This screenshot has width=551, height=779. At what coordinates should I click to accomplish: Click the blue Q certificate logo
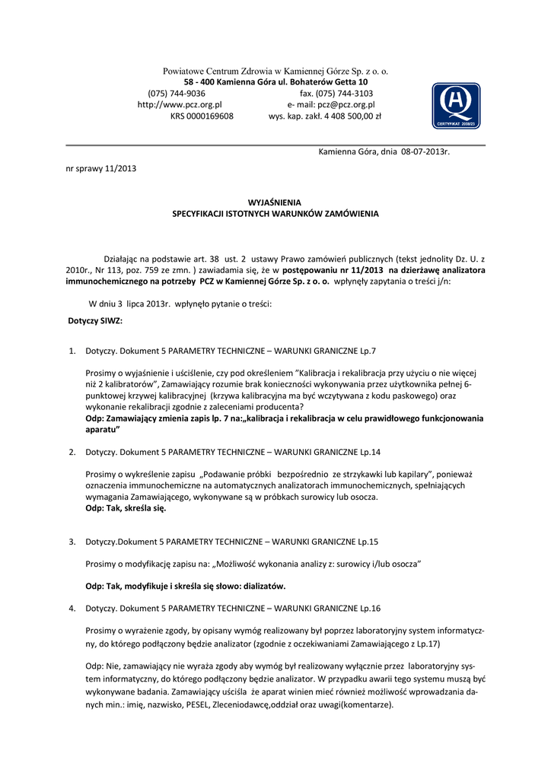[456, 105]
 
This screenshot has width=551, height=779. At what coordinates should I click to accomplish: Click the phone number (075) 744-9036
[177, 94]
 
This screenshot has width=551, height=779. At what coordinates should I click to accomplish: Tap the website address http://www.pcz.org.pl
[179, 105]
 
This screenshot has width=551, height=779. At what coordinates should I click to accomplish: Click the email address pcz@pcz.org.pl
[346, 105]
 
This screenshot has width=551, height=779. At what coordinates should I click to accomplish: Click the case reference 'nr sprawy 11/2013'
[101, 168]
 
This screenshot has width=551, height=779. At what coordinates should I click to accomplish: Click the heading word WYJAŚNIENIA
[275, 202]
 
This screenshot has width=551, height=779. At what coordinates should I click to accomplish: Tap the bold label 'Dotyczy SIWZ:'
[95, 321]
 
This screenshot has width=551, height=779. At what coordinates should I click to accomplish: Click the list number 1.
[72, 351]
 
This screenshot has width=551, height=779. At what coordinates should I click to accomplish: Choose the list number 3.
[72, 542]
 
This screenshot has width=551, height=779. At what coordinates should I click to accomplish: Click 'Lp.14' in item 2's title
[369, 453]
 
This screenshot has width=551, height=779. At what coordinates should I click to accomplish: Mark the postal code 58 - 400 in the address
[199, 82]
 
